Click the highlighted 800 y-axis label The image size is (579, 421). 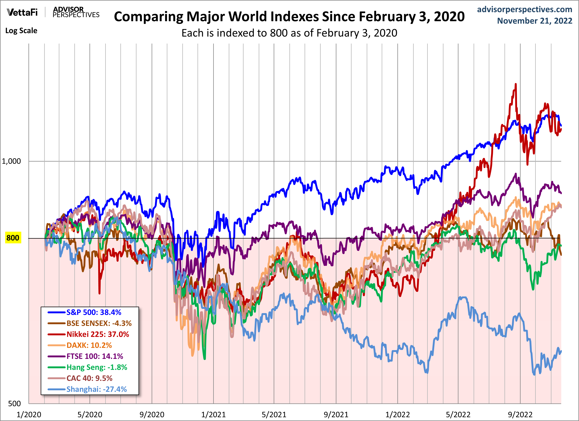click(x=13, y=238)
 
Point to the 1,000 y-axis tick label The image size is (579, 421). click(x=11, y=161)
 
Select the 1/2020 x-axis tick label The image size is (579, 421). click(x=29, y=414)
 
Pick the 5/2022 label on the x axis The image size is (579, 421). click(x=458, y=414)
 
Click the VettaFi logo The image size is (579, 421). click(x=22, y=12)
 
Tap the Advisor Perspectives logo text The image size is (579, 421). click(x=76, y=12)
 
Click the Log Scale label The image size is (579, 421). click(x=21, y=31)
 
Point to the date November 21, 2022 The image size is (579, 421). click(x=535, y=21)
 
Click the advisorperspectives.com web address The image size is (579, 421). click(x=525, y=9)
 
